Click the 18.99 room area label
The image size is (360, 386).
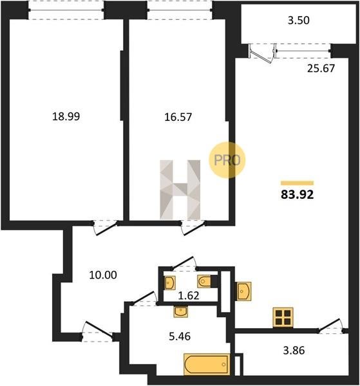click(66, 116)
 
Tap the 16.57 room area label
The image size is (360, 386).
click(178, 117)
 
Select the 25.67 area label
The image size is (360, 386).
click(321, 68)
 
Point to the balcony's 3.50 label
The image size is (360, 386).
click(299, 20)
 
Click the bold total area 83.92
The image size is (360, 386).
click(298, 195)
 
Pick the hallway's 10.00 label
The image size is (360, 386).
click(103, 275)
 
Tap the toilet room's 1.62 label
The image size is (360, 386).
click(189, 295)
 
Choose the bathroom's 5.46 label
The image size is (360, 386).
click(180, 336)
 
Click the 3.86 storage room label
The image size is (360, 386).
click(294, 351)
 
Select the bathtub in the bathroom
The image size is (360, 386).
click(207, 365)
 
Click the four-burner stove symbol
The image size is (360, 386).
click(283, 318)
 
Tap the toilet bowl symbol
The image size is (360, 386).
click(204, 281)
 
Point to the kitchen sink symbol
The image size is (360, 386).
click(244, 291)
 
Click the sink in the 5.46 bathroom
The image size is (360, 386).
click(180, 311)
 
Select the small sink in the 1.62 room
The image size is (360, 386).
click(170, 282)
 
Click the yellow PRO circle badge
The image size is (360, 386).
click(227, 160)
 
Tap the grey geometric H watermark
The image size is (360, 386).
click(180, 190)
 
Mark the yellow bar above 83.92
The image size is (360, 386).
click(297, 183)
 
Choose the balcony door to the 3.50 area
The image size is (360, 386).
click(261, 53)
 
